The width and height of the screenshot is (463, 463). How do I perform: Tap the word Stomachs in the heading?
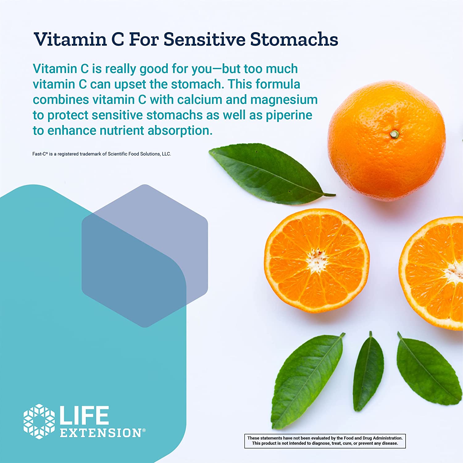point(294,39)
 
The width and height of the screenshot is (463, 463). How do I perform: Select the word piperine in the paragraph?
point(289,115)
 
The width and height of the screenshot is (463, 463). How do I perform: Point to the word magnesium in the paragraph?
point(284,100)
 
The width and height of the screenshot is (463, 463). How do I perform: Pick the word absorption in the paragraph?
point(180,131)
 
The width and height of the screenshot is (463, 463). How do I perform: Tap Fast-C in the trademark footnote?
point(40,154)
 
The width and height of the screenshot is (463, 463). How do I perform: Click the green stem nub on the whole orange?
point(394,134)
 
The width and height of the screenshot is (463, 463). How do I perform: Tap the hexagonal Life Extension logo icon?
point(39,421)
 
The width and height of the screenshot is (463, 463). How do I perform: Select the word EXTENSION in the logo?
point(101,433)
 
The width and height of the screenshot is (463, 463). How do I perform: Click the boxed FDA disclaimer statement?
point(325,441)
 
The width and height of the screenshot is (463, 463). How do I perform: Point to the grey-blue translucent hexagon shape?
point(145,256)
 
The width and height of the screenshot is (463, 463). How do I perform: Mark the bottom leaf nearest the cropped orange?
point(428,369)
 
